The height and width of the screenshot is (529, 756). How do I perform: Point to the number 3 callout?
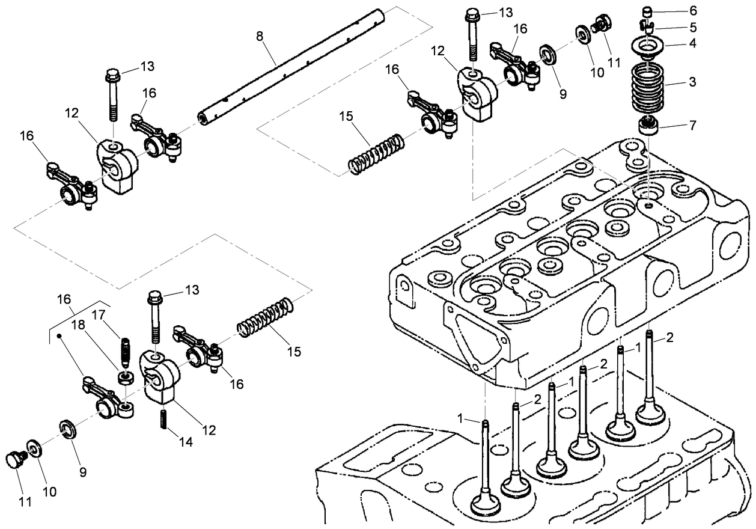[693, 81]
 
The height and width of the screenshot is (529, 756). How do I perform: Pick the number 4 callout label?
[693, 44]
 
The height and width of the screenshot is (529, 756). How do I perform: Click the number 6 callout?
[693, 11]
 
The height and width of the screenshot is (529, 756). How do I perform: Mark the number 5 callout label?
[693, 27]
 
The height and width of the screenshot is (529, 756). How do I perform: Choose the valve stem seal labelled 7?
[648, 127]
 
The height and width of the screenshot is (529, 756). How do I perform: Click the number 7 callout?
[693, 126]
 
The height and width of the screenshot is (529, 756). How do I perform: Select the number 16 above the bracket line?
[64, 299]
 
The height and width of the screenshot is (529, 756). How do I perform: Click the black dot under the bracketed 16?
[59, 337]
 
